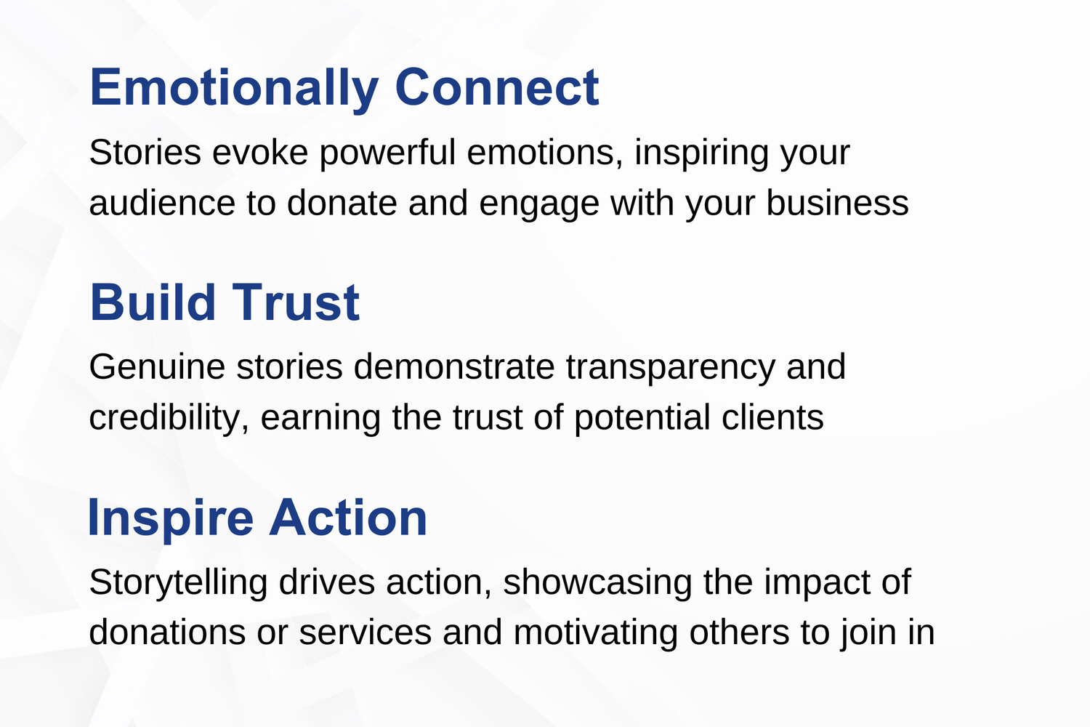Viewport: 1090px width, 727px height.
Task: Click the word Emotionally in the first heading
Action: pos(233,89)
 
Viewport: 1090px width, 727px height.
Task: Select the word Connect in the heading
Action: pos(497,89)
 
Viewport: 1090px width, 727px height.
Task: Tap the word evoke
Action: pos(260,153)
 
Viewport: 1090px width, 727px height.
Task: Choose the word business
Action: pos(837,204)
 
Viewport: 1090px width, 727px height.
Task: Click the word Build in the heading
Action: pos(153,303)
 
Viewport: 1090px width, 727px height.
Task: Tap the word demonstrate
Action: pos(454,367)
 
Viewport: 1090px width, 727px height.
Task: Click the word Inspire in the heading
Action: pos(171,518)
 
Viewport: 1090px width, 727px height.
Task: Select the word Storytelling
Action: pos(178,582)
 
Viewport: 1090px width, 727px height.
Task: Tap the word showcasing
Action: pos(597,582)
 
